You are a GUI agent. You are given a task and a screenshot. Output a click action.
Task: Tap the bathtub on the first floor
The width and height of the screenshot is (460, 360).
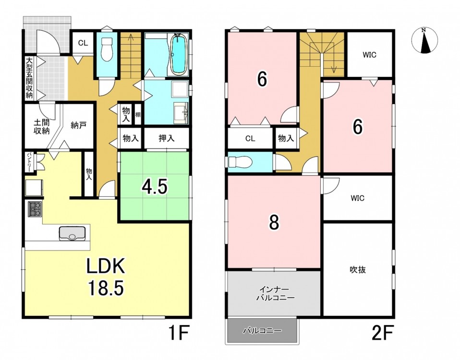[179, 54]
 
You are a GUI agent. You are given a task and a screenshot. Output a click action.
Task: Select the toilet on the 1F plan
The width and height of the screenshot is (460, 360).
[107, 49]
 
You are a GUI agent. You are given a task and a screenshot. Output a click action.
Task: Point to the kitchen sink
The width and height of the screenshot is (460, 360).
[72, 233]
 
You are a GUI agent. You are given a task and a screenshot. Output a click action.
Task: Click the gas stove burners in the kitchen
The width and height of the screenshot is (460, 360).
[35, 209]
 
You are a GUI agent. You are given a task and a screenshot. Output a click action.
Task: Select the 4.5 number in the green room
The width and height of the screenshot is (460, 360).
[155, 187]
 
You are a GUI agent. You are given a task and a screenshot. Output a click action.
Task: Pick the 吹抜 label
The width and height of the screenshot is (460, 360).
[358, 270]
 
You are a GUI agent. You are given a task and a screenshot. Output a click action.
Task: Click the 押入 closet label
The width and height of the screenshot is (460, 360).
[166, 138]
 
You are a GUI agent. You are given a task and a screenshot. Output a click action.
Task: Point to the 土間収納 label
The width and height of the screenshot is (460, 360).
[41, 127]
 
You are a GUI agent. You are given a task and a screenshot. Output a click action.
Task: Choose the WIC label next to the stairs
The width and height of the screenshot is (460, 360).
[369, 55]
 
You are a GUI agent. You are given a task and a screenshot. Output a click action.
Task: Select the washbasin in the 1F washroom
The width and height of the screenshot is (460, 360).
[181, 113]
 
